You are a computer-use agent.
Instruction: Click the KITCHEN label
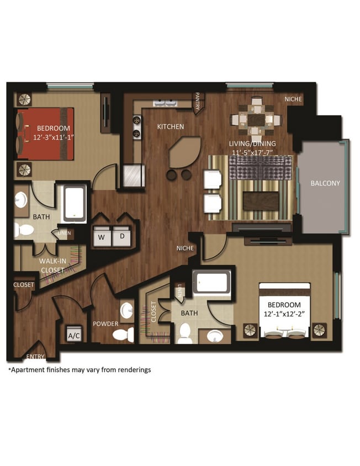coord(170,127)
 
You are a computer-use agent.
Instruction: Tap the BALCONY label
coord(325,183)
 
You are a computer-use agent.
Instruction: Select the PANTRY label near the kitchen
coord(198,102)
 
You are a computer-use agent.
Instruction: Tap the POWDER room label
coord(105,324)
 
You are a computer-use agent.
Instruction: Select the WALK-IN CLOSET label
coord(51,266)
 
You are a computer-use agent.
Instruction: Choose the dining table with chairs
coord(256,118)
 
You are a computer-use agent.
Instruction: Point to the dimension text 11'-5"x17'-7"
coord(252,152)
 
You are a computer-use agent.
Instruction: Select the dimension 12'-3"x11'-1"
coord(53,136)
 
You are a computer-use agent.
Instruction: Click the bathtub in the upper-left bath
coord(75,204)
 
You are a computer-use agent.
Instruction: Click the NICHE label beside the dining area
coord(293,99)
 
